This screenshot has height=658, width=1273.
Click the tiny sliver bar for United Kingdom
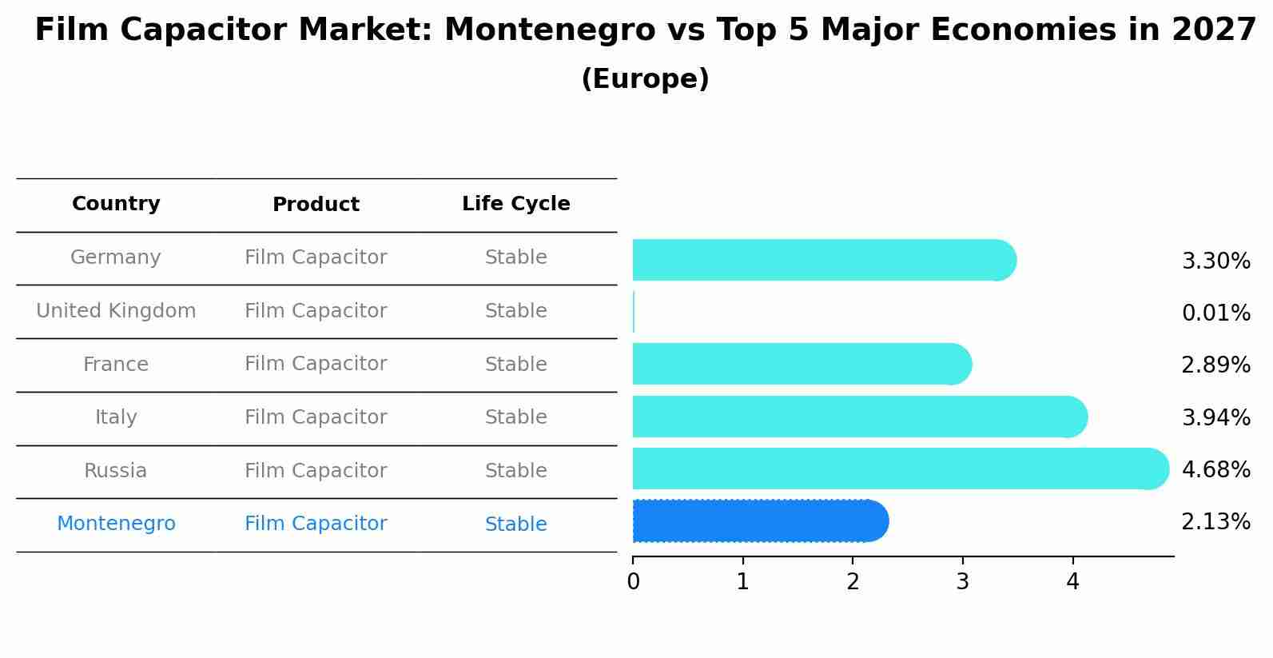tap(634, 312)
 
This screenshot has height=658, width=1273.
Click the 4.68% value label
tap(1215, 469)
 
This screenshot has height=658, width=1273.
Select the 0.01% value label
tap(1215, 313)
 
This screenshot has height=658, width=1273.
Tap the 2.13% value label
tap(1215, 522)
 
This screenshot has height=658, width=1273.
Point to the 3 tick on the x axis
tap(963, 581)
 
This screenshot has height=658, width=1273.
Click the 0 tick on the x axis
tap(634, 581)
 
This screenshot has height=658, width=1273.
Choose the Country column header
tap(116, 204)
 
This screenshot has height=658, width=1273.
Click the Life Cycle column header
tap(515, 204)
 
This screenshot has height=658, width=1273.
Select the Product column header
tap(316, 205)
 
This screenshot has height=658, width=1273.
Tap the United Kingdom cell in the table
tap(116, 311)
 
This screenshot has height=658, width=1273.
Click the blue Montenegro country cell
tap(116, 524)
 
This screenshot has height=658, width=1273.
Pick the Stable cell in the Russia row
tap(515, 471)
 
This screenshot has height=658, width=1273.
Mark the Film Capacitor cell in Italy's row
tap(316, 417)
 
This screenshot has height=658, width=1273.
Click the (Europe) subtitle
tap(645, 79)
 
